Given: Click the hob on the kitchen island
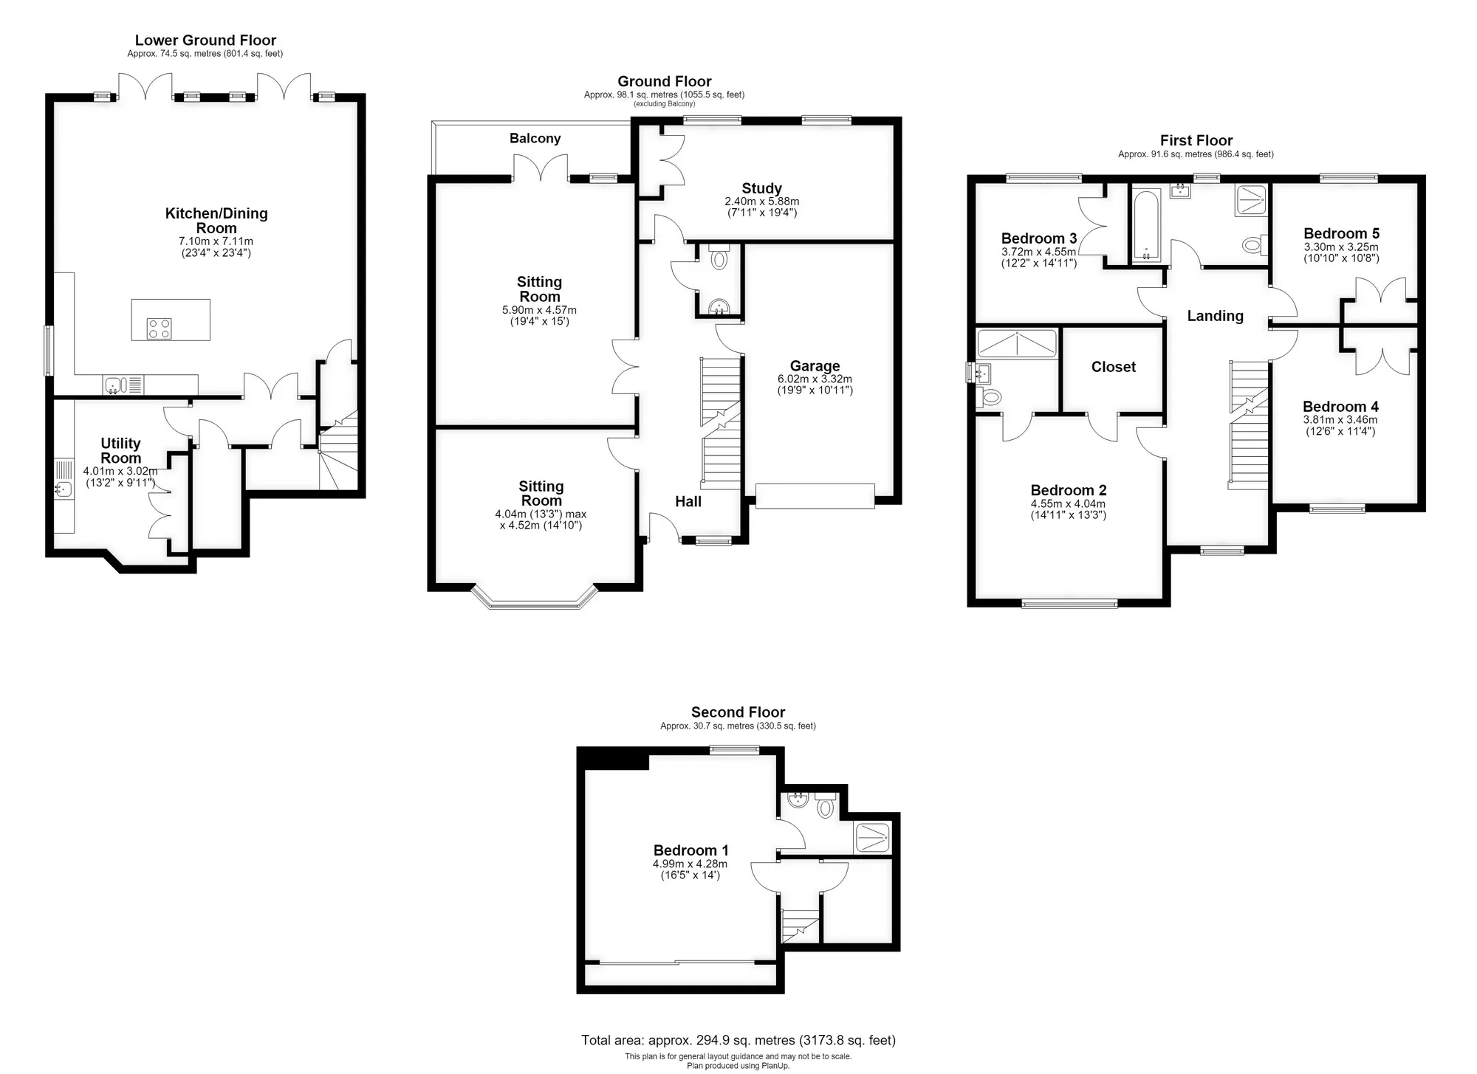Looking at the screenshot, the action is tap(160, 328).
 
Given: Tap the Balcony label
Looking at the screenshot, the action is tap(535, 139).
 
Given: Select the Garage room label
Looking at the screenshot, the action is tap(815, 365).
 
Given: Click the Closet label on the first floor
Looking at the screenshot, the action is tap(1114, 367).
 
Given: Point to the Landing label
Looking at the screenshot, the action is tap(1215, 316).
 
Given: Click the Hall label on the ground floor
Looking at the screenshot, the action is tap(688, 501).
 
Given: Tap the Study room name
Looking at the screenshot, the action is tap(761, 188).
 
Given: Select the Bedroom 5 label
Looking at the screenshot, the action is tap(1341, 233).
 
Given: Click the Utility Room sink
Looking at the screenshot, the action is tap(64, 489).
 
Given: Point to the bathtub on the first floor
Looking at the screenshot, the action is tap(1145, 226).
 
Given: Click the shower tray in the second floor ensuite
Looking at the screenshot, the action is tap(872, 838).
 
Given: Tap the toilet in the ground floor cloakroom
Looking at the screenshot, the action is tap(719, 258).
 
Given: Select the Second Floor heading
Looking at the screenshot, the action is tap(738, 712).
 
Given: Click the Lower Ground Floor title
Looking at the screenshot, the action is tap(205, 41).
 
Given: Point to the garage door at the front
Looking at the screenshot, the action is tap(815, 496).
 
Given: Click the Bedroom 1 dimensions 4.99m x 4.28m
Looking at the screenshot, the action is tap(690, 864).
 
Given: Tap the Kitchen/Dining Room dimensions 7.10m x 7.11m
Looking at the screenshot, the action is tap(216, 241).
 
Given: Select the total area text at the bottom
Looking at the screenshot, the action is tap(738, 1040).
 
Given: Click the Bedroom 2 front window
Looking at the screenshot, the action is tap(1069, 604).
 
